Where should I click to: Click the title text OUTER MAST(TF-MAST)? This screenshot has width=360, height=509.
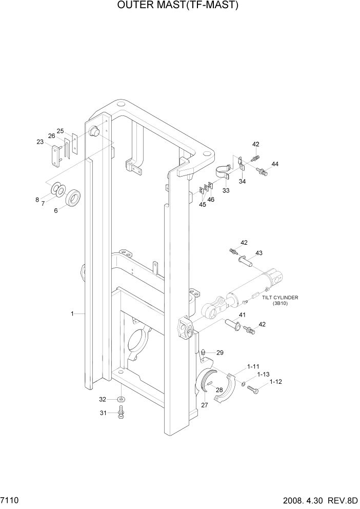(179, 6)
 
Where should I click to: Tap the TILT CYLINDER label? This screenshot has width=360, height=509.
(280, 298)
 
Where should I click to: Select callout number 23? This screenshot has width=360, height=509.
(40, 143)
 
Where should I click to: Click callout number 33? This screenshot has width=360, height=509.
(226, 190)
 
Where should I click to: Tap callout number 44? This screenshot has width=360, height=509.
(275, 164)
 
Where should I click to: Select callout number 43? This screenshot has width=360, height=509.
(258, 253)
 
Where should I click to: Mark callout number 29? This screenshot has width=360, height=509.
(220, 353)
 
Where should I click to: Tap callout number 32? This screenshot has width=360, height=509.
(103, 399)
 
